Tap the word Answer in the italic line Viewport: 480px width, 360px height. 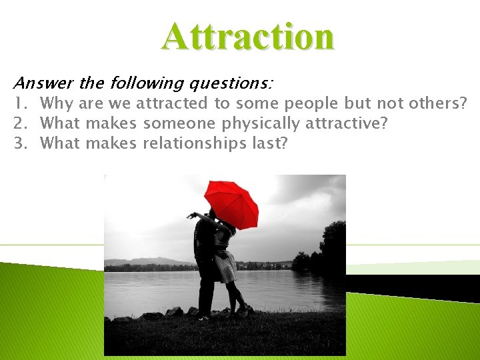click(43, 83)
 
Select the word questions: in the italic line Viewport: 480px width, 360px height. click(231, 83)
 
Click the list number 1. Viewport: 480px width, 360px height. click(19, 103)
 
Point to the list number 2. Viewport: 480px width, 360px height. click(19, 123)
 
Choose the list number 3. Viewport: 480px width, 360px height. click(19, 143)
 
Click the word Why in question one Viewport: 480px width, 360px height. click(57, 103)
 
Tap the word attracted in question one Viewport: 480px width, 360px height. click(171, 103)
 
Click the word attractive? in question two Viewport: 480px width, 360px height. click(346, 123)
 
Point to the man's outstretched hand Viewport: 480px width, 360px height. click(192, 215)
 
